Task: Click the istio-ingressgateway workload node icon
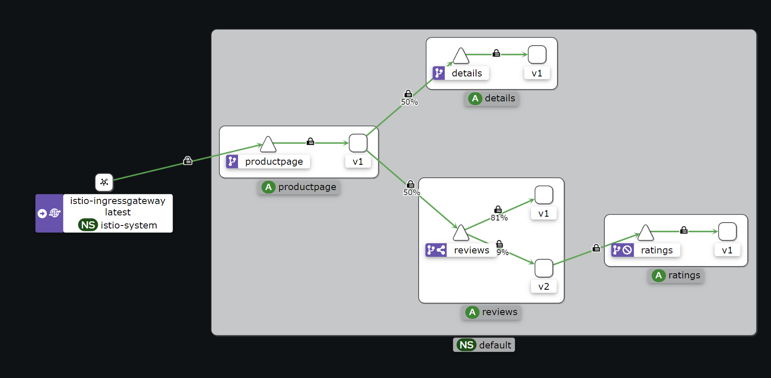pyautogui.click(x=104, y=182)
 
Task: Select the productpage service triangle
pyautogui.click(x=268, y=145)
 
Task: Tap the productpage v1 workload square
pyautogui.click(x=358, y=143)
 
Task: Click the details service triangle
pyautogui.click(x=461, y=56)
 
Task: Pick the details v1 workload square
pyautogui.click(x=537, y=55)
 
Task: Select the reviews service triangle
pyautogui.click(x=461, y=233)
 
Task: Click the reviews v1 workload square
pyautogui.click(x=544, y=195)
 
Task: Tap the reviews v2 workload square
pyautogui.click(x=544, y=268)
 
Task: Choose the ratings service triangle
pyautogui.click(x=645, y=233)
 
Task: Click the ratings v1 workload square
pyautogui.click(x=727, y=231)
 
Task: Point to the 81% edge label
pyautogui.click(x=499, y=218)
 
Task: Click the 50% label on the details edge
pyautogui.click(x=409, y=102)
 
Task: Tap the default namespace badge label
pyautogui.click(x=495, y=345)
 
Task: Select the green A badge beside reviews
pyautogui.click(x=472, y=312)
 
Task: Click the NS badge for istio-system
pyautogui.click(x=88, y=225)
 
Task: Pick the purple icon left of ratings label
pyautogui.click(x=622, y=250)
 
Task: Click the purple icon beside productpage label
pyautogui.click(x=232, y=161)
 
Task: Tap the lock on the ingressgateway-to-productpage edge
pyautogui.click(x=188, y=160)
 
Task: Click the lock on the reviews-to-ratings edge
pyautogui.click(x=596, y=248)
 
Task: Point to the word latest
pyautogui.click(x=118, y=212)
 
